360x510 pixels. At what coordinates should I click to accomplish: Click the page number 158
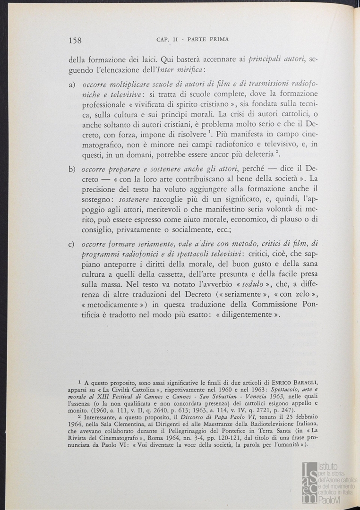click(75, 40)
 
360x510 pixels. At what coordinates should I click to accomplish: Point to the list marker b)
click(72, 169)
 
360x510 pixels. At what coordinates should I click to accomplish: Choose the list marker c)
click(72, 244)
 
